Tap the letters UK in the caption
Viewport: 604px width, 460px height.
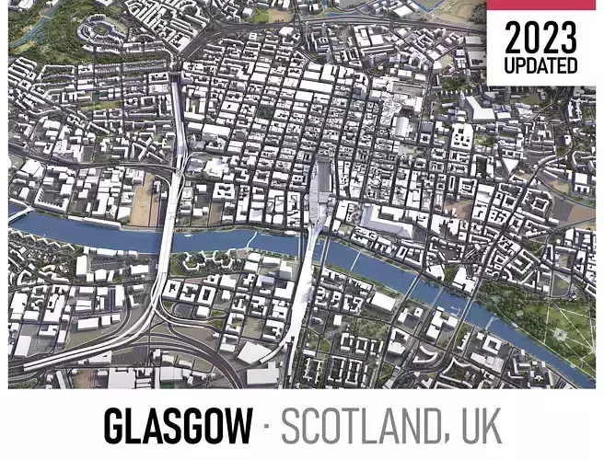coord(478,426)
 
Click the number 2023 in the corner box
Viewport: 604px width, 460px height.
coord(541,38)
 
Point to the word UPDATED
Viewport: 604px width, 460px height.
coord(541,66)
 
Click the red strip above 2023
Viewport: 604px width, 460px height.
coord(541,5)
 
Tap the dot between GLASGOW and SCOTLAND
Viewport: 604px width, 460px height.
coord(266,427)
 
